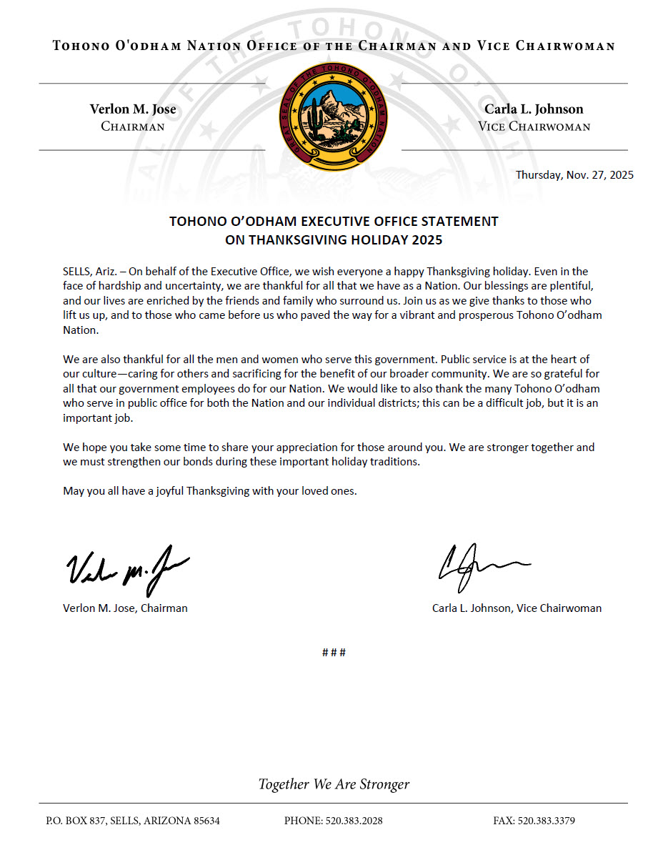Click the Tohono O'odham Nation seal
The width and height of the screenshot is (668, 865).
pos(333,116)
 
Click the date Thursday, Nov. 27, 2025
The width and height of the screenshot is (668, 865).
pos(574,175)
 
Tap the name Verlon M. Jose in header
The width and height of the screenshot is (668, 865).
pos(133,109)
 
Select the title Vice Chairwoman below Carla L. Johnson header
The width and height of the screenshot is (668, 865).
pos(534,127)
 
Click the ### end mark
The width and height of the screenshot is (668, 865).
pos(334,653)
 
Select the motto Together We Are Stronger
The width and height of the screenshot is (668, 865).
pos(334,784)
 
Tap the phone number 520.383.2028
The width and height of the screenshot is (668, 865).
pos(354,821)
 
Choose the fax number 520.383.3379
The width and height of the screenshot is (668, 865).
pos(546,821)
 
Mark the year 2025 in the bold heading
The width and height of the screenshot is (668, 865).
pos(427,240)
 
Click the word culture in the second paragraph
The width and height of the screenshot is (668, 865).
pos(81,373)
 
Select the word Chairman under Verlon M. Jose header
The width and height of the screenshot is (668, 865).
pos(133,127)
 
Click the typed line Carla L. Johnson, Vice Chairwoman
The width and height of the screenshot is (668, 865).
pos(517,608)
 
